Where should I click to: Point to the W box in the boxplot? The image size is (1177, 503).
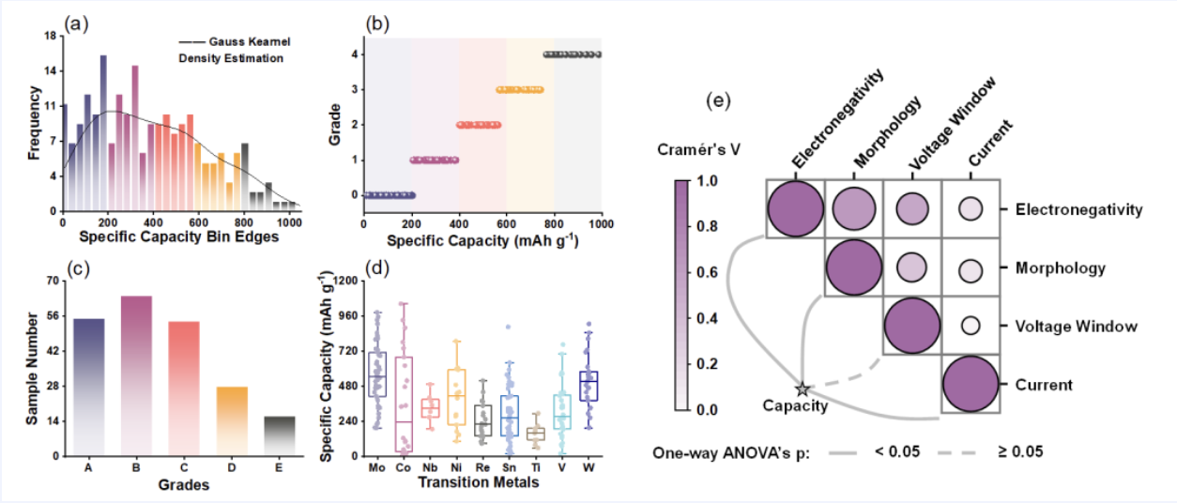[x=588, y=386]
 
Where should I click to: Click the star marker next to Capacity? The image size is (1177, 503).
[x=802, y=389]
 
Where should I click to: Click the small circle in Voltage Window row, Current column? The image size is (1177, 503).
[x=971, y=327]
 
